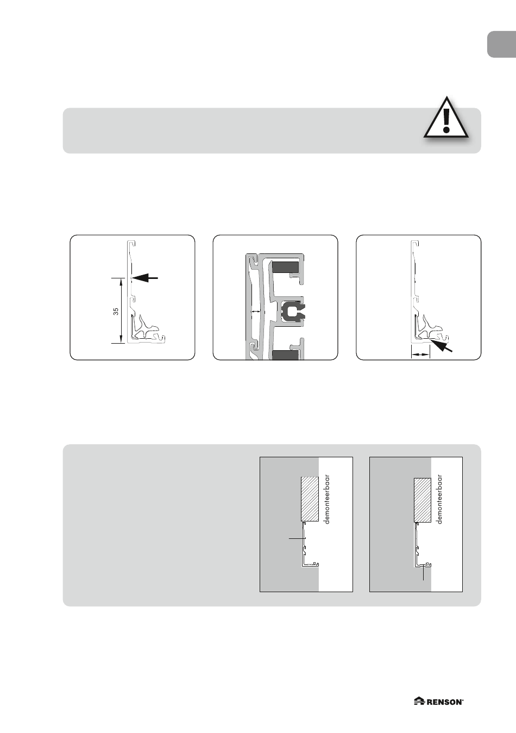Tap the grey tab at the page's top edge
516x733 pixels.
click(502, 45)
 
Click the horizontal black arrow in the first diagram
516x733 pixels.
click(145, 278)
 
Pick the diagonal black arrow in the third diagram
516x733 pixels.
click(441, 345)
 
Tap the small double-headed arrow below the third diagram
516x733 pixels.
click(420, 355)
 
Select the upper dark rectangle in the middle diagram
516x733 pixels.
click(285, 267)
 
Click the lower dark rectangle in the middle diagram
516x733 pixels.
click(285, 356)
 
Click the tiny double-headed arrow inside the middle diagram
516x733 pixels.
click(256, 312)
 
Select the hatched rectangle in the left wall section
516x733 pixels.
click(310, 499)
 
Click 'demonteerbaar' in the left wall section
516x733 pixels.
click(328, 500)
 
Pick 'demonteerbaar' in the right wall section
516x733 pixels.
click(440, 500)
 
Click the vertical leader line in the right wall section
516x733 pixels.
click(423, 573)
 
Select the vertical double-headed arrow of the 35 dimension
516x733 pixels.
click(121, 310)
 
